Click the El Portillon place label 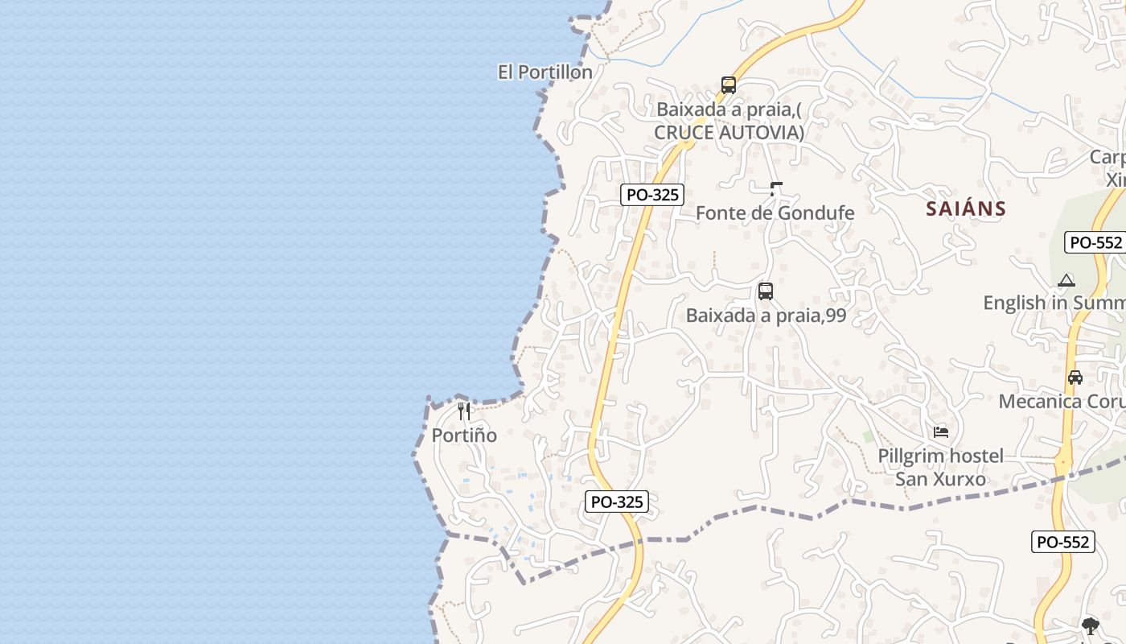tap(545, 72)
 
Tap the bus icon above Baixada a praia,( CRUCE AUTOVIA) tap(729, 85)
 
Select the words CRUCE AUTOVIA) tap(729, 132)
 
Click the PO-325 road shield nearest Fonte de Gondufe tap(652, 194)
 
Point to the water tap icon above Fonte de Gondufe tap(776, 189)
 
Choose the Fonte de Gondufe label tap(775, 213)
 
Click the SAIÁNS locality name tap(966, 208)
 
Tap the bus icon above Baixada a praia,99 tap(766, 291)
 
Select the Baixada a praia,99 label tap(766, 316)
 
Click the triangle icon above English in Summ tap(1066, 280)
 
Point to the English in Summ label tap(1054, 303)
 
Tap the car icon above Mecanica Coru tap(1075, 377)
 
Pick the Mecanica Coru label tap(1062, 401)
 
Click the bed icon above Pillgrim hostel tap(941, 432)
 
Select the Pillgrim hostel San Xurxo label tap(941, 468)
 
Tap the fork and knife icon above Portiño tap(464, 411)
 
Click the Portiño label tap(464, 436)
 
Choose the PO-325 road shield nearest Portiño tap(616, 502)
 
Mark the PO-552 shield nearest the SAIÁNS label tap(1095, 242)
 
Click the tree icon tap(1090, 626)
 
